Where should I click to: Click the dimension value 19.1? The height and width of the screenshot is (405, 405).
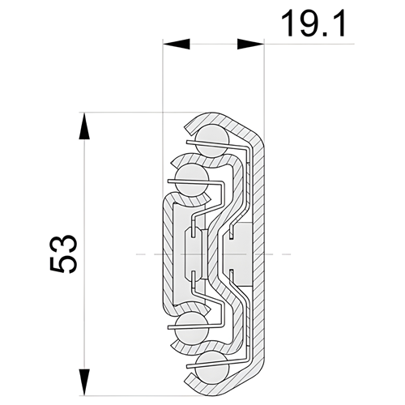click(313, 23)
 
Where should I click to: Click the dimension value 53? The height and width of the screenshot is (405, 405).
click(64, 254)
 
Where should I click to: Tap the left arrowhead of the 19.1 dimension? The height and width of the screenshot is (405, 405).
click(177, 44)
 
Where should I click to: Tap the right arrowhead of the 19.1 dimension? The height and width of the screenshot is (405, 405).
click(250, 44)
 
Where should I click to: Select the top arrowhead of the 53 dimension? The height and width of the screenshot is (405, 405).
click(84, 126)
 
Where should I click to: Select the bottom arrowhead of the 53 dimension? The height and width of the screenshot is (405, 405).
click(84, 382)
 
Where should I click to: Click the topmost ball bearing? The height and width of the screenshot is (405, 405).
click(213, 141)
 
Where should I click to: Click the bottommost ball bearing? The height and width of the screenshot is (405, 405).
click(213, 368)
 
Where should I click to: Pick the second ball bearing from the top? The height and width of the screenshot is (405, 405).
click(192, 180)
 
